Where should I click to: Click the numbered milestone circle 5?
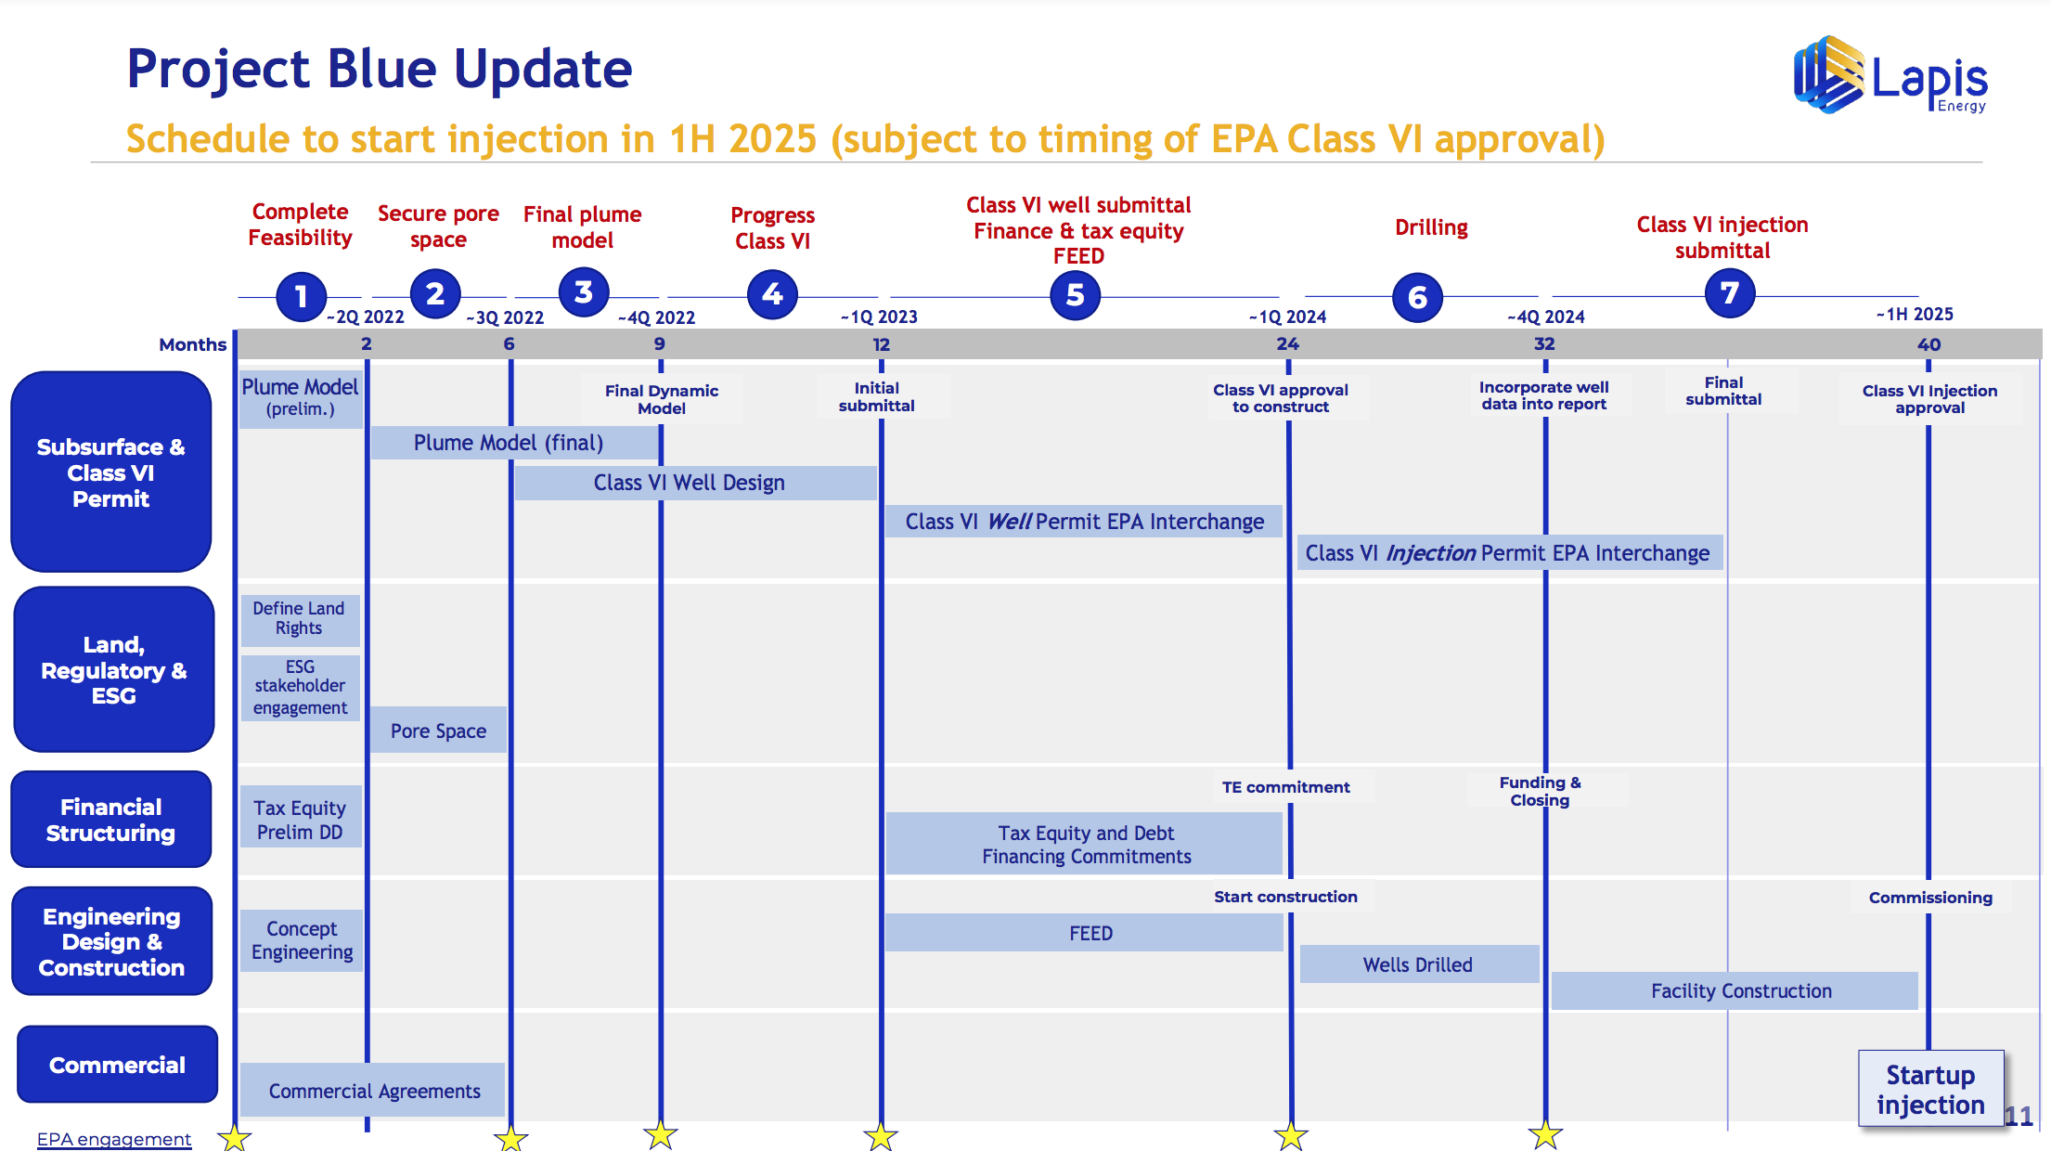tap(1075, 295)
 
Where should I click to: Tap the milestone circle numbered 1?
tap(301, 296)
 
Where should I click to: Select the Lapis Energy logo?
tap(1890, 75)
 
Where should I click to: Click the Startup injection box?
tap(1930, 1089)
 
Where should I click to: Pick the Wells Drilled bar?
tap(1419, 964)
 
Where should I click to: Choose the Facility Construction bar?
tap(1735, 990)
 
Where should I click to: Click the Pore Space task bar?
tap(438, 731)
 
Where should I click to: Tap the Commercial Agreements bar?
tap(373, 1091)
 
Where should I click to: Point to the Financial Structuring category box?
tap(111, 820)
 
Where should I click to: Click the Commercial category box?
tap(117, 1065)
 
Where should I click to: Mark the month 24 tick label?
tap(1287, 344)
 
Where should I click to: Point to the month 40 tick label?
tap(1928, 344)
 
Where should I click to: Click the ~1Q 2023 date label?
tap(879, 317)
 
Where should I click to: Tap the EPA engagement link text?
tap(114, 1139)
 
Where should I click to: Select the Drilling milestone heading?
tap(1431, 227)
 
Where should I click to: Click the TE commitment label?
tap(1285, 787)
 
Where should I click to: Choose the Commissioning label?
tap(1930, 898)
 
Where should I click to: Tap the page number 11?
tap(2019, 1116)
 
